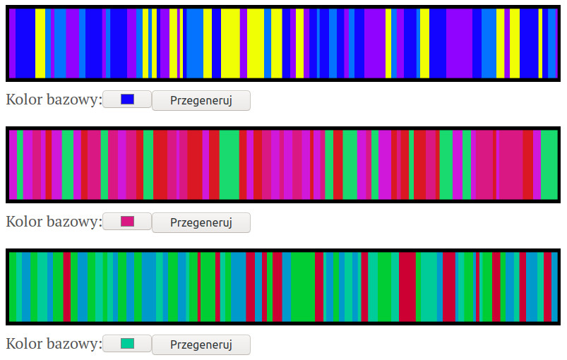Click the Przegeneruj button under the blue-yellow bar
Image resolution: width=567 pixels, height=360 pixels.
coord(201,100)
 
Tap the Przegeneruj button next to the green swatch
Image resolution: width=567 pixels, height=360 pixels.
coord(201,344)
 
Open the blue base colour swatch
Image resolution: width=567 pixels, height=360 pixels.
coord(127,100)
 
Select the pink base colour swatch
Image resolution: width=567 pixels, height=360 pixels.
coord(127,222)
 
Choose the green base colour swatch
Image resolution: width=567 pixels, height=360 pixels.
coord(127,344)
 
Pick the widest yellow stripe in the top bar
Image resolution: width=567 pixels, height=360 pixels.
coord(230,44)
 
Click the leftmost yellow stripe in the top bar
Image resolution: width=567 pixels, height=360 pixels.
coord(40,44)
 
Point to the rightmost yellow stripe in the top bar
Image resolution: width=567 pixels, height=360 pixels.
coord(540,44)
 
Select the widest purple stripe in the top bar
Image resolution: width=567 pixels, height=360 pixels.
coord(459,44)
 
